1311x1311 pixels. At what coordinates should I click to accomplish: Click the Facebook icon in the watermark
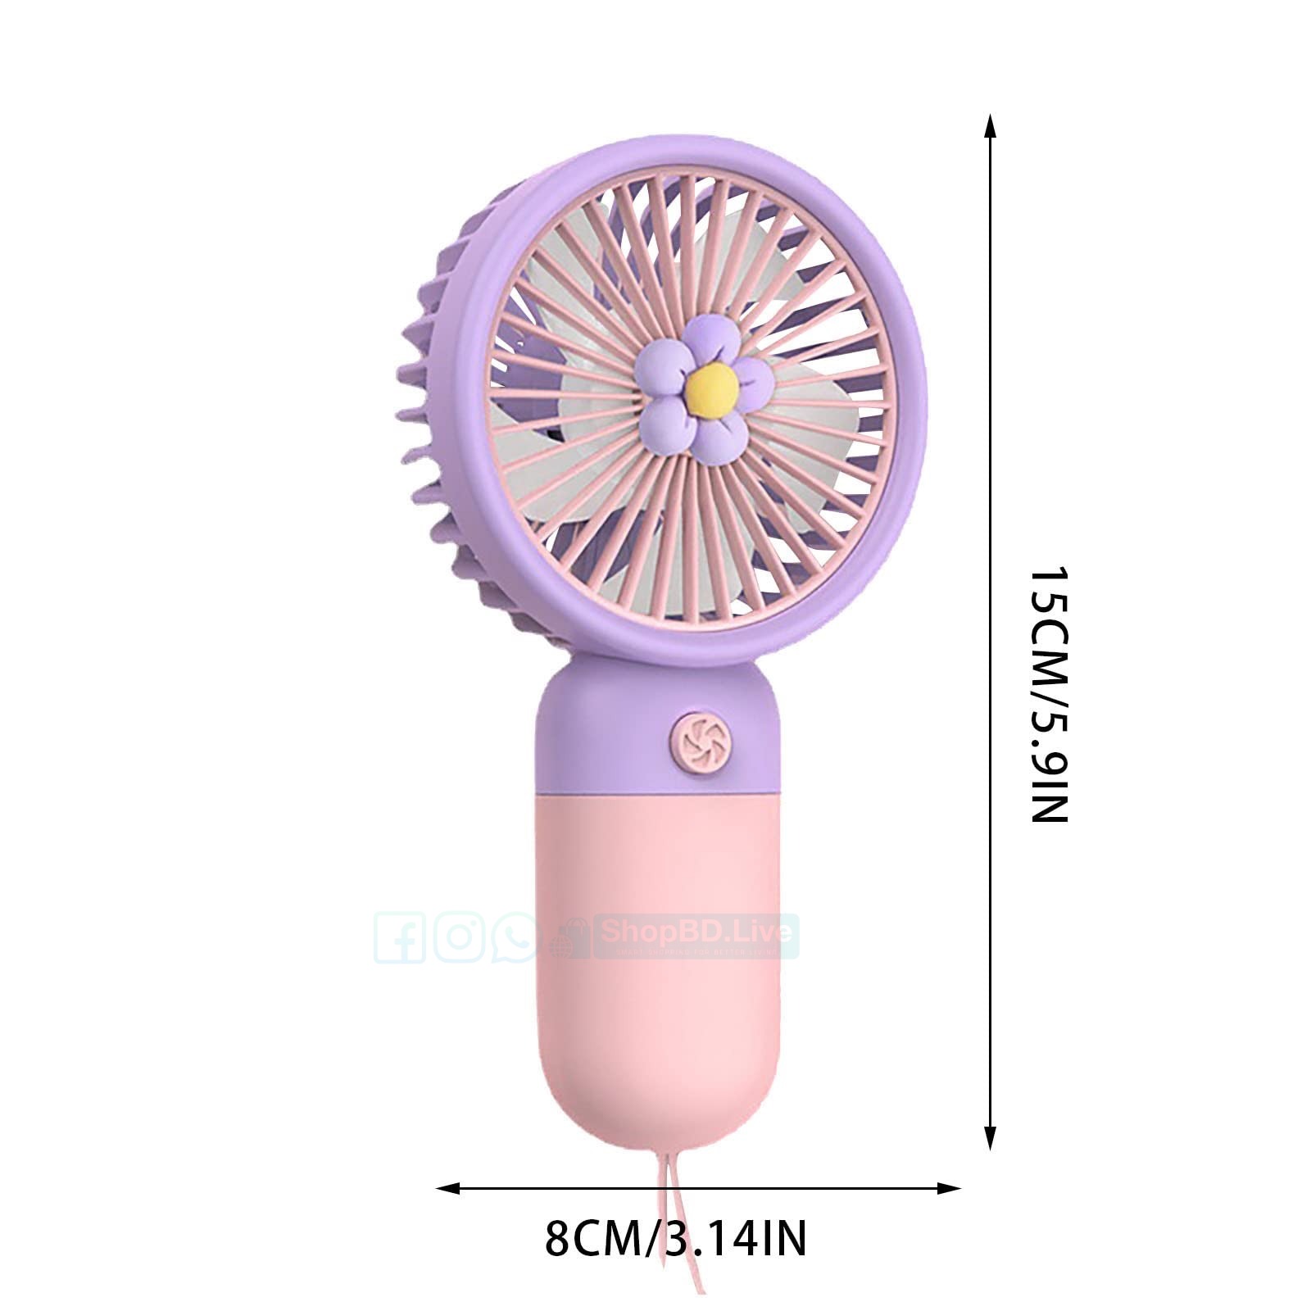point(399,937)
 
